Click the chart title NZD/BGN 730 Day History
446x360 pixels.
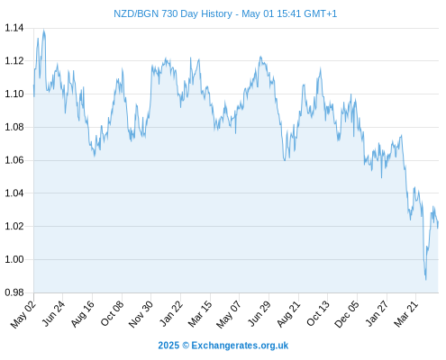173,13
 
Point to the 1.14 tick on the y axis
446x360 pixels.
14,28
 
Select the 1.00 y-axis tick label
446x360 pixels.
14,259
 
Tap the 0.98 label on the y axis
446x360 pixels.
14,292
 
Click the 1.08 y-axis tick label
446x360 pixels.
14,127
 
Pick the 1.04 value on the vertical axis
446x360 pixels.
14,193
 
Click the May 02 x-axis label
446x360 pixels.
23,314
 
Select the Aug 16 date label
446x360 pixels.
82,314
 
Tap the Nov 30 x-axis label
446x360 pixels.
141,314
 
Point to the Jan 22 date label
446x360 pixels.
170,314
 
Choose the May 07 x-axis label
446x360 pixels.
229,314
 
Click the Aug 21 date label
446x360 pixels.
288,314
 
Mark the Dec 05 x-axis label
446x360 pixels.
347,314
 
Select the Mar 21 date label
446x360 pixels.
405,314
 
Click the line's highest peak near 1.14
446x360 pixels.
44,30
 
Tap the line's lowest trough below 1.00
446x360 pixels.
425,279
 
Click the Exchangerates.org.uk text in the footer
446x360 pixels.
240,346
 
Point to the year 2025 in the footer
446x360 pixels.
168,346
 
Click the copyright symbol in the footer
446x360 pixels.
186,346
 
